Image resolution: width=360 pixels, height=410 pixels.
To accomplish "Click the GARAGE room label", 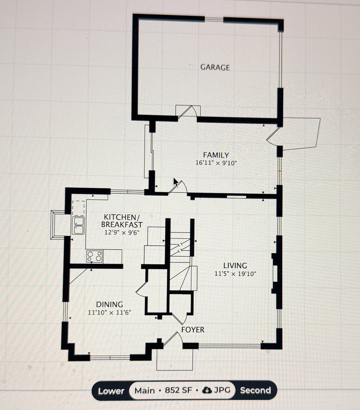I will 215,68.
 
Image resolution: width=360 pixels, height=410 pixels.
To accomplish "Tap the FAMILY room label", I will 216,155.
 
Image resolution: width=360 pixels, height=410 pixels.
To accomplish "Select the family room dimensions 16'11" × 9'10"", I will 216,163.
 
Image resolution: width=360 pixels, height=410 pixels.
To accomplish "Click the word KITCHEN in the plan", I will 119,217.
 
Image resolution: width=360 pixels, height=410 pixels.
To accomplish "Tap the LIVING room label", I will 235,266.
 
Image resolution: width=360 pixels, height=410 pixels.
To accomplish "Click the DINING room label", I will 109,304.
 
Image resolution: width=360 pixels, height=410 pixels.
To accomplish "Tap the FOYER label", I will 193,330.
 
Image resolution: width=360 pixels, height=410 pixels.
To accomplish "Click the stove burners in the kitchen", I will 94,257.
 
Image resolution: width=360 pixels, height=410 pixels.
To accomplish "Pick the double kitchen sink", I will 78,225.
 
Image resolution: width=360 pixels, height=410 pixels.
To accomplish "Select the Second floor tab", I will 255,391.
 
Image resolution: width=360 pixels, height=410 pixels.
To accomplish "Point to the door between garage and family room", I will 188,112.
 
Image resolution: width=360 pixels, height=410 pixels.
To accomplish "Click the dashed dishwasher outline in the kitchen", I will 79,207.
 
